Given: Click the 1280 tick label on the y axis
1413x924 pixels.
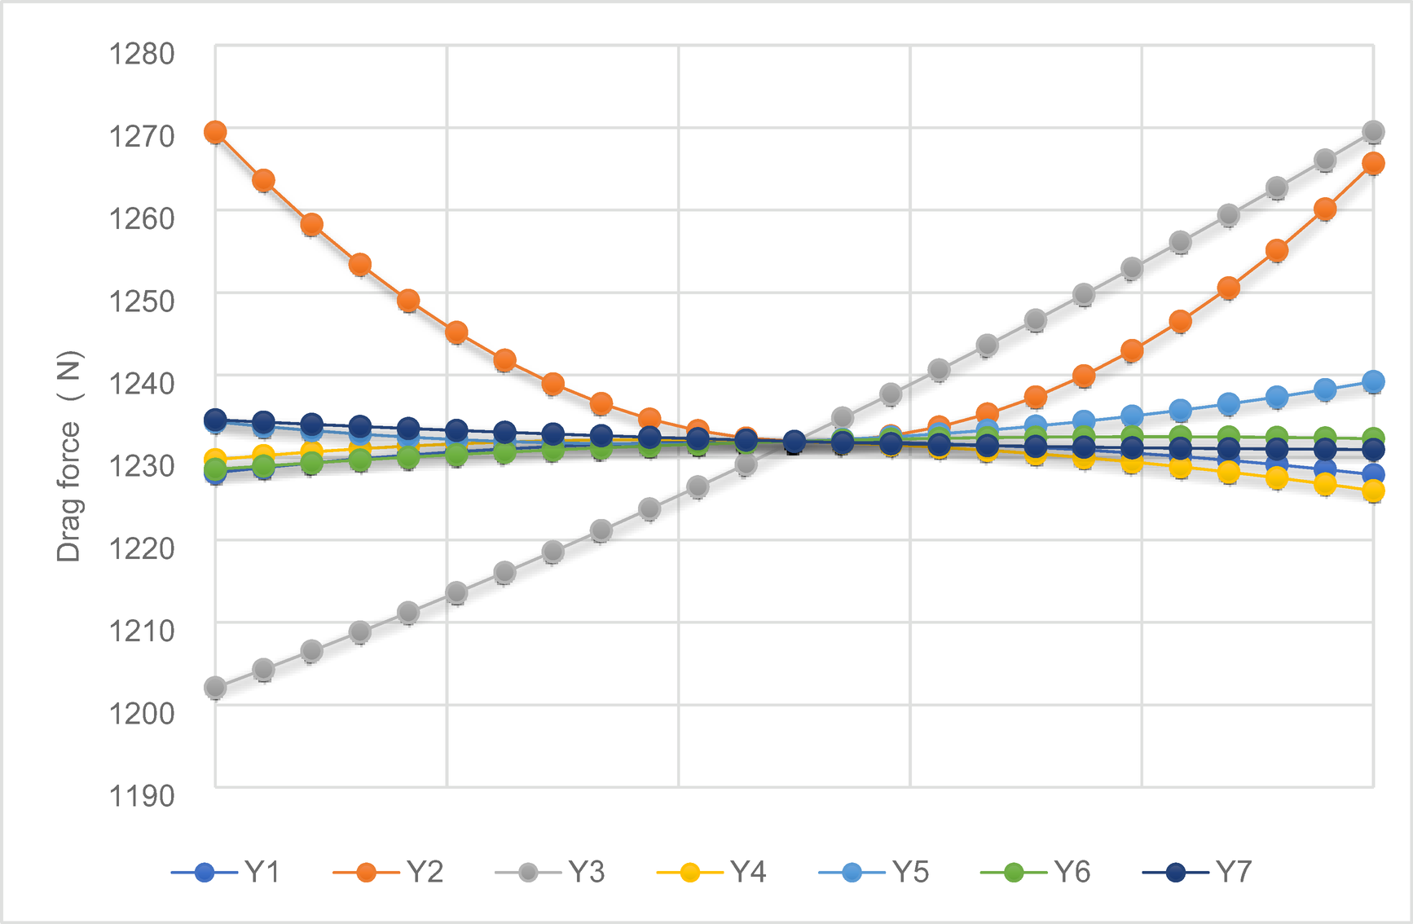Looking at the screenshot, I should coord(142,54).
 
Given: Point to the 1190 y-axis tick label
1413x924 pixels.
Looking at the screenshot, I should coord(142,796).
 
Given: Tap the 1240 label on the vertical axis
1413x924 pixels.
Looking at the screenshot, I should coord(142,383).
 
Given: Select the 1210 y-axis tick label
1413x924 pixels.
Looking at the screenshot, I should coord(142,631).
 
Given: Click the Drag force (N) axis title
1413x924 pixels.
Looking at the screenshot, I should coord(69,456).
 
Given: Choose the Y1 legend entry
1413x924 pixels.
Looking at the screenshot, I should coord(227,873).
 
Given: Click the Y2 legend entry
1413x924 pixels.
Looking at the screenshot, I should coord(389,873).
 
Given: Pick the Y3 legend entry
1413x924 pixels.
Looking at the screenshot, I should coord(550,873).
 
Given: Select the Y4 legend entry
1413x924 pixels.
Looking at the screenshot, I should coord(711,873).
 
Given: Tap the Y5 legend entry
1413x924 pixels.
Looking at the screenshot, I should coord(874,873).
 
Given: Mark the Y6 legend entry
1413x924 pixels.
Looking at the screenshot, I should coord(1035,873).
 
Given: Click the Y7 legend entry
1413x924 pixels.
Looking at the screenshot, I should coord(1196,873).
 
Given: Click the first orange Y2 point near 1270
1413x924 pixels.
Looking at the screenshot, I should coord(215,132).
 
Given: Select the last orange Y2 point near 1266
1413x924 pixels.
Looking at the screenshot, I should coord(1373,164).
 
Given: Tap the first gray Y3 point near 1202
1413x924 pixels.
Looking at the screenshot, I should coord(215,689).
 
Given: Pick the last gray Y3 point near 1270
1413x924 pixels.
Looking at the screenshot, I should coord(1373,131).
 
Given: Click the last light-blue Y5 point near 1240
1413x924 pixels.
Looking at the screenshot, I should coord(1373,381).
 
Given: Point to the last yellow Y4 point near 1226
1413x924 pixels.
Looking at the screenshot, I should coord(1373,491).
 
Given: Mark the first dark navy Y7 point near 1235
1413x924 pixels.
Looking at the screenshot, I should coord(215,420).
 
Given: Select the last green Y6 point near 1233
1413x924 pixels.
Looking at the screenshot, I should coord(1373,438).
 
